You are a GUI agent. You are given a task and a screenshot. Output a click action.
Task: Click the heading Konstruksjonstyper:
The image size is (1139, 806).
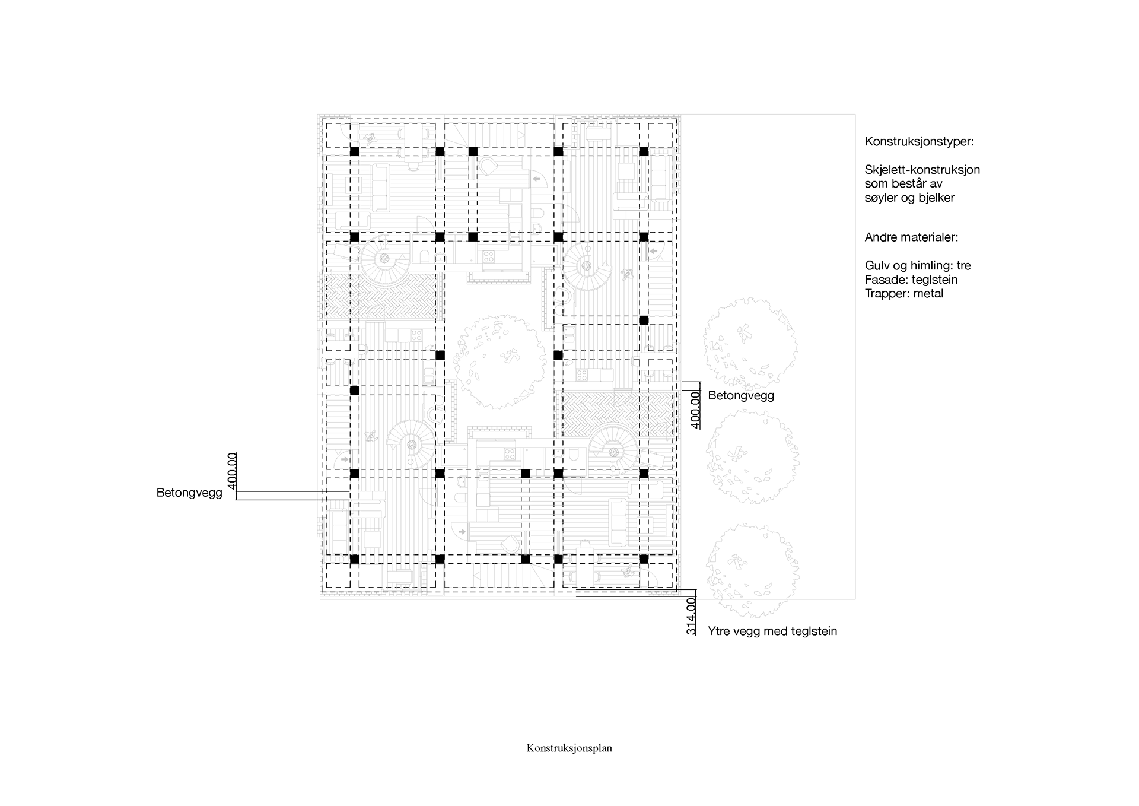click(919, 142)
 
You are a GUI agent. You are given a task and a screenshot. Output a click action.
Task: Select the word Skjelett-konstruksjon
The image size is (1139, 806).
click(922, 170)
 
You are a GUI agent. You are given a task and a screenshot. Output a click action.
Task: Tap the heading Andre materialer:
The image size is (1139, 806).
click(911, 237)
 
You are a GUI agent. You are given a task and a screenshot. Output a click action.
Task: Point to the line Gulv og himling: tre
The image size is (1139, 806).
click(917, 266)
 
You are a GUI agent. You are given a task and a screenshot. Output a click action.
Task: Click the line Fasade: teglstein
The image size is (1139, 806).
click(911, 280)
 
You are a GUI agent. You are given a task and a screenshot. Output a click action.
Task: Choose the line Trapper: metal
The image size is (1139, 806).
click(903, 293)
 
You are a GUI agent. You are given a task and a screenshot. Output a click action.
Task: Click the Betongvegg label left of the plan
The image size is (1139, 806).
click(189, 493)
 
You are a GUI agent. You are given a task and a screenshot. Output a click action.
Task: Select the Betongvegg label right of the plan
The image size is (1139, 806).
click(741, 395)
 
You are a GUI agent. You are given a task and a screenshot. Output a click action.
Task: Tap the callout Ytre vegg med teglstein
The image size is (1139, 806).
click(772, 632)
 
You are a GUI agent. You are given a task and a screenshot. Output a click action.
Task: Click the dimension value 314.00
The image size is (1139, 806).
click(691, 616)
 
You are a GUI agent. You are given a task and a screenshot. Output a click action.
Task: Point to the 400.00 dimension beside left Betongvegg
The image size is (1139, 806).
click(232, 471)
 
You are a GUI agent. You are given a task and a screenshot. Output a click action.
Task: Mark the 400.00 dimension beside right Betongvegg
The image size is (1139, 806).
click(696, 410)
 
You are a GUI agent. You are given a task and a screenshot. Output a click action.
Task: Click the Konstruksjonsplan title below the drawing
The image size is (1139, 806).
click(569, 748)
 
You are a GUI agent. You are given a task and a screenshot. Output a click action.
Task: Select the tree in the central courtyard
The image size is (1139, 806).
click(499, 361)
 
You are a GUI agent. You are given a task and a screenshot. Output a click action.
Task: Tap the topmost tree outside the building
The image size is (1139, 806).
click(749, 344)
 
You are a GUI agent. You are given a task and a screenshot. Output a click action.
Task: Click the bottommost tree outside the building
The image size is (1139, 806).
click(752, 571)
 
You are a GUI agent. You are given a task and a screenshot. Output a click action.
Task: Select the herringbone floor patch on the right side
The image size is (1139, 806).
click(617, 414)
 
